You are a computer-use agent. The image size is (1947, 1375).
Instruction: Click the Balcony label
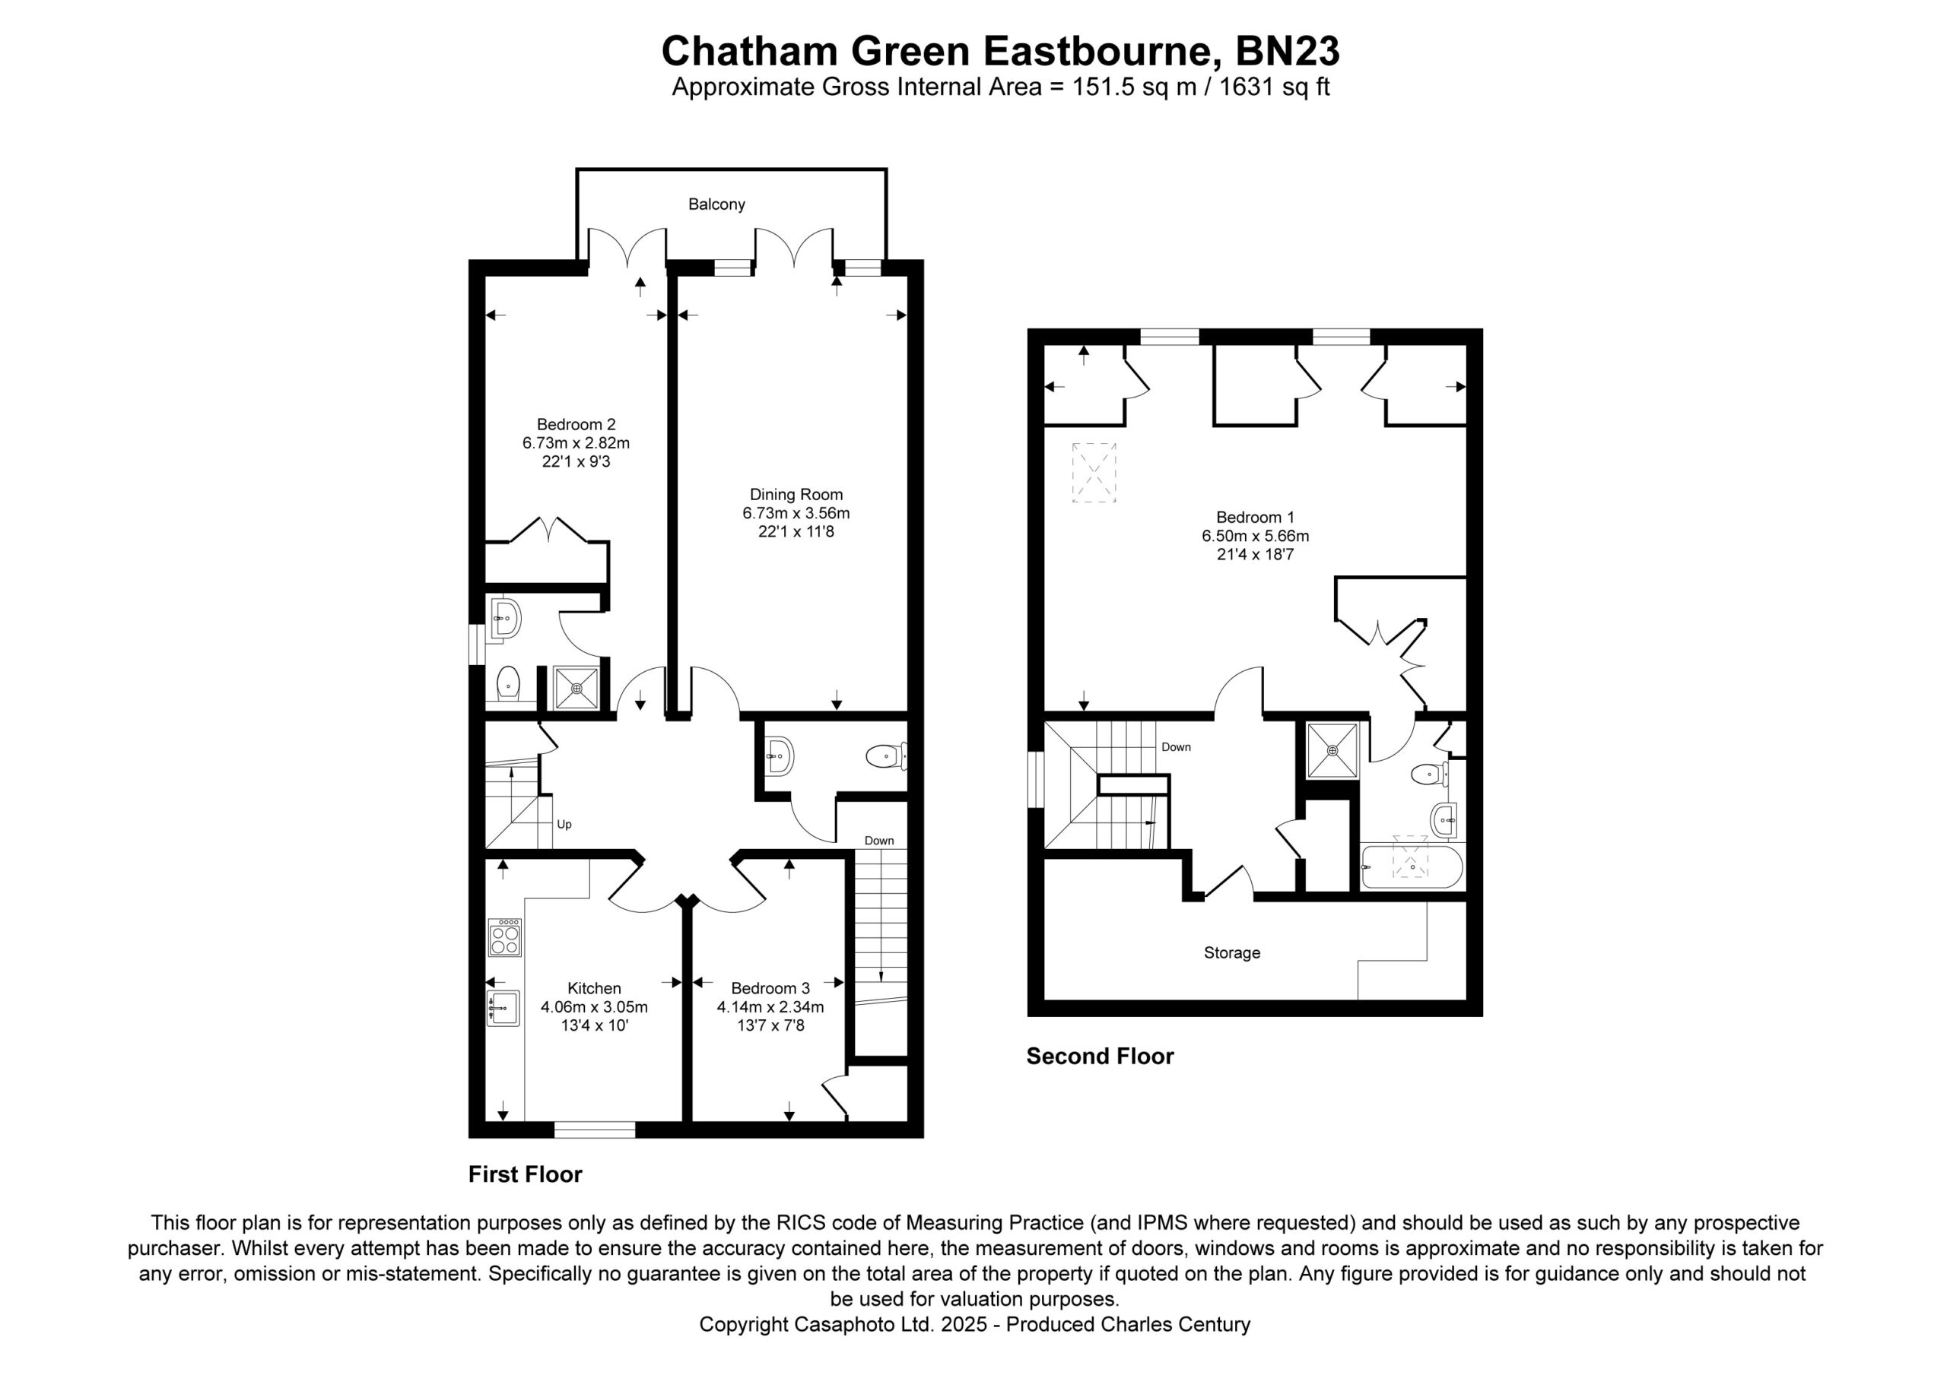pyautogui.click(x=716, y=204)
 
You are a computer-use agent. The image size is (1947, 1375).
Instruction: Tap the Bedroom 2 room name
pyautogui.click(x=576, y=425)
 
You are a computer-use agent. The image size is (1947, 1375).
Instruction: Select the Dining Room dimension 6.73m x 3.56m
pyautogui.click(x=796, y=513)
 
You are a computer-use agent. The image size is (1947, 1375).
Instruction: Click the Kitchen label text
pyautogui.click(x=595, y=988)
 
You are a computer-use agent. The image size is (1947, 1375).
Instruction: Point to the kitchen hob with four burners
pyautogui.click(x=503, y=939)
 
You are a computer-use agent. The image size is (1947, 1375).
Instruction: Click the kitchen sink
pyautogui.click(x=502, y=1008)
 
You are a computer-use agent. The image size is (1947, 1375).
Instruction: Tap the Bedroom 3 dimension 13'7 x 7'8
pyautogui.click(x=770, y=1026)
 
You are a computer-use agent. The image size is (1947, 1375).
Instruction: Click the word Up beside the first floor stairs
pyautogui.click(x=564, y=825)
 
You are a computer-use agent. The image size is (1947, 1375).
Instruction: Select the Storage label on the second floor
pyautogui.click(x=1232, y=954)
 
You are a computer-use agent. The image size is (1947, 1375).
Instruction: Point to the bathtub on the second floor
pyautogui.click(x=1412, y=867)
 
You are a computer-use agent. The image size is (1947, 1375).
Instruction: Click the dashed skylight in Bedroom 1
pyautogui.click(x=1094, y=473)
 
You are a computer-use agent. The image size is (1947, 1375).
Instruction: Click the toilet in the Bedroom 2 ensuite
pyautogui.click(x=507, y=683)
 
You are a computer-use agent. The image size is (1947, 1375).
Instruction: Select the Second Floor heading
pyautogui.click(x=1100, y=1057)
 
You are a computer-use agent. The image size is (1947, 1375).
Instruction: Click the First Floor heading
pyautogui.click(x=525, y=1174)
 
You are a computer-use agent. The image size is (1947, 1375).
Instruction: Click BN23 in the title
pyautogui.click(x=1288, y=51)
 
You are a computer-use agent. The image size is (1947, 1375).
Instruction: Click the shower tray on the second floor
pyautogui.click(x=1332, y=750)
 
